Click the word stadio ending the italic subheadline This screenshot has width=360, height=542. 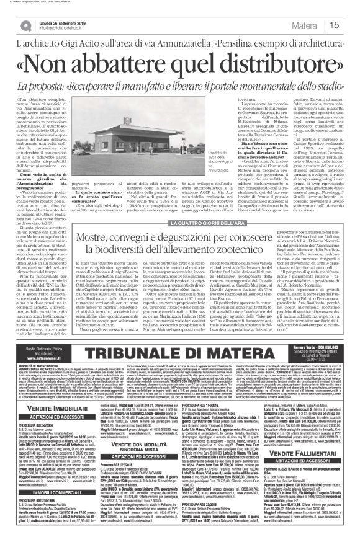tap(333, 85)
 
